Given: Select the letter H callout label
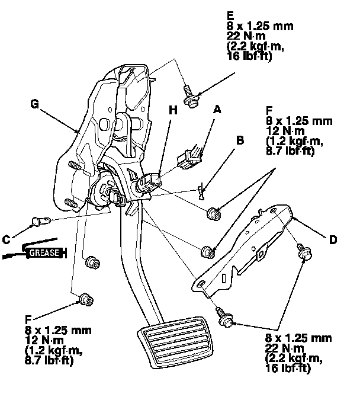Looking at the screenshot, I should coord(172,111).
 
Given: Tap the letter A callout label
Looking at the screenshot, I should coord(217,109).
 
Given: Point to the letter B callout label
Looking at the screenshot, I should coord(239,141).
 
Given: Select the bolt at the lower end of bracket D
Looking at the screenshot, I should coord(226,318).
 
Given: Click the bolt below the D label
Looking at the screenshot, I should coord(305,252).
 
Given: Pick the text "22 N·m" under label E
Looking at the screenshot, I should coord(245,37).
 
